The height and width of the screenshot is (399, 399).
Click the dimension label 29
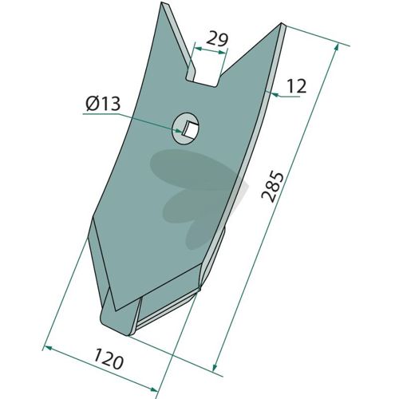(217, 39)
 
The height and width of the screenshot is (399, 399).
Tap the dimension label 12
(297, 86)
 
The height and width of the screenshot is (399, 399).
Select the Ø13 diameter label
(103, 104)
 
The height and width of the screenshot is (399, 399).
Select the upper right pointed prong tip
(282, 25)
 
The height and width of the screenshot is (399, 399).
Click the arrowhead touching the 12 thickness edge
(276, 94)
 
